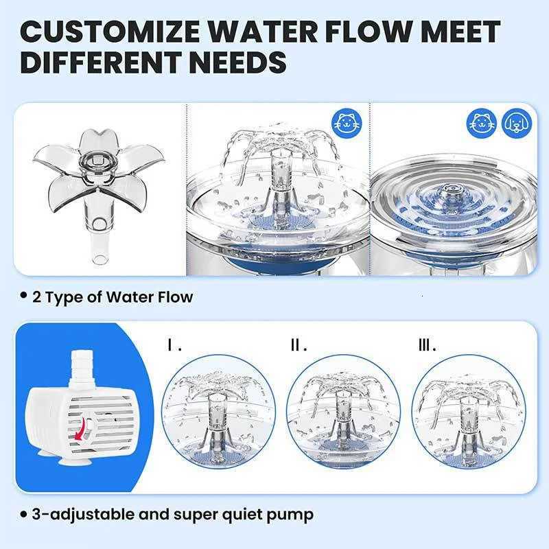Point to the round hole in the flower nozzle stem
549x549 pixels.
point(97,222)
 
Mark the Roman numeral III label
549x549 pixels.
point(427,346)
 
